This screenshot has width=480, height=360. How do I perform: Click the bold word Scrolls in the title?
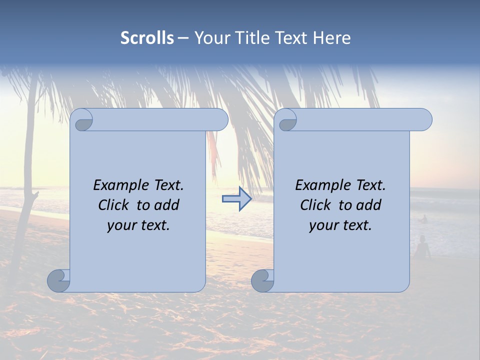(147, 38)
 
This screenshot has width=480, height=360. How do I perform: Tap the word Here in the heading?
(331, 38)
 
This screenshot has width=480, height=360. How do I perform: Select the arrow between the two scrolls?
(237, 199)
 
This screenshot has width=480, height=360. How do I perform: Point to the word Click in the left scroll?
(109, 205)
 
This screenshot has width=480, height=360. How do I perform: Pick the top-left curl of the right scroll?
(287, 120)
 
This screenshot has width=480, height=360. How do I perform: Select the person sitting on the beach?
(422, 248)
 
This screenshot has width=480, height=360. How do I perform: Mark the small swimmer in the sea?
(424, 218)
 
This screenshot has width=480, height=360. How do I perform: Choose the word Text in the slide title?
(292, 38)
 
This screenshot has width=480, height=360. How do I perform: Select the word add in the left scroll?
(167, 205)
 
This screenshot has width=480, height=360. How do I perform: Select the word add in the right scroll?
(369, 205)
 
